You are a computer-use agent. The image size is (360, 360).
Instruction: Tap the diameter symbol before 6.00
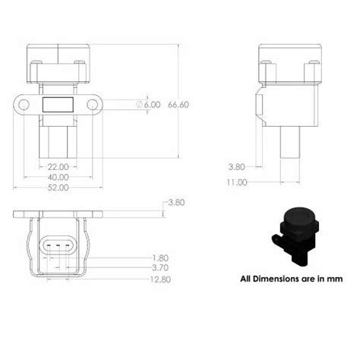140,104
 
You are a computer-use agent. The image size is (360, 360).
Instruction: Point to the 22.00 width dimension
58,166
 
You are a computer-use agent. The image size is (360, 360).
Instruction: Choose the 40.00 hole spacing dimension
58,176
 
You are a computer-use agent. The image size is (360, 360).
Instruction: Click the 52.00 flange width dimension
58,187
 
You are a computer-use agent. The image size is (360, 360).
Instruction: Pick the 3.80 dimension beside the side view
238,166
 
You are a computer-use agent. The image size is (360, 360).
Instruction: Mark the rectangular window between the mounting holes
58,104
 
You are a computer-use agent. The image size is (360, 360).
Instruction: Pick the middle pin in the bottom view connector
58,245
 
